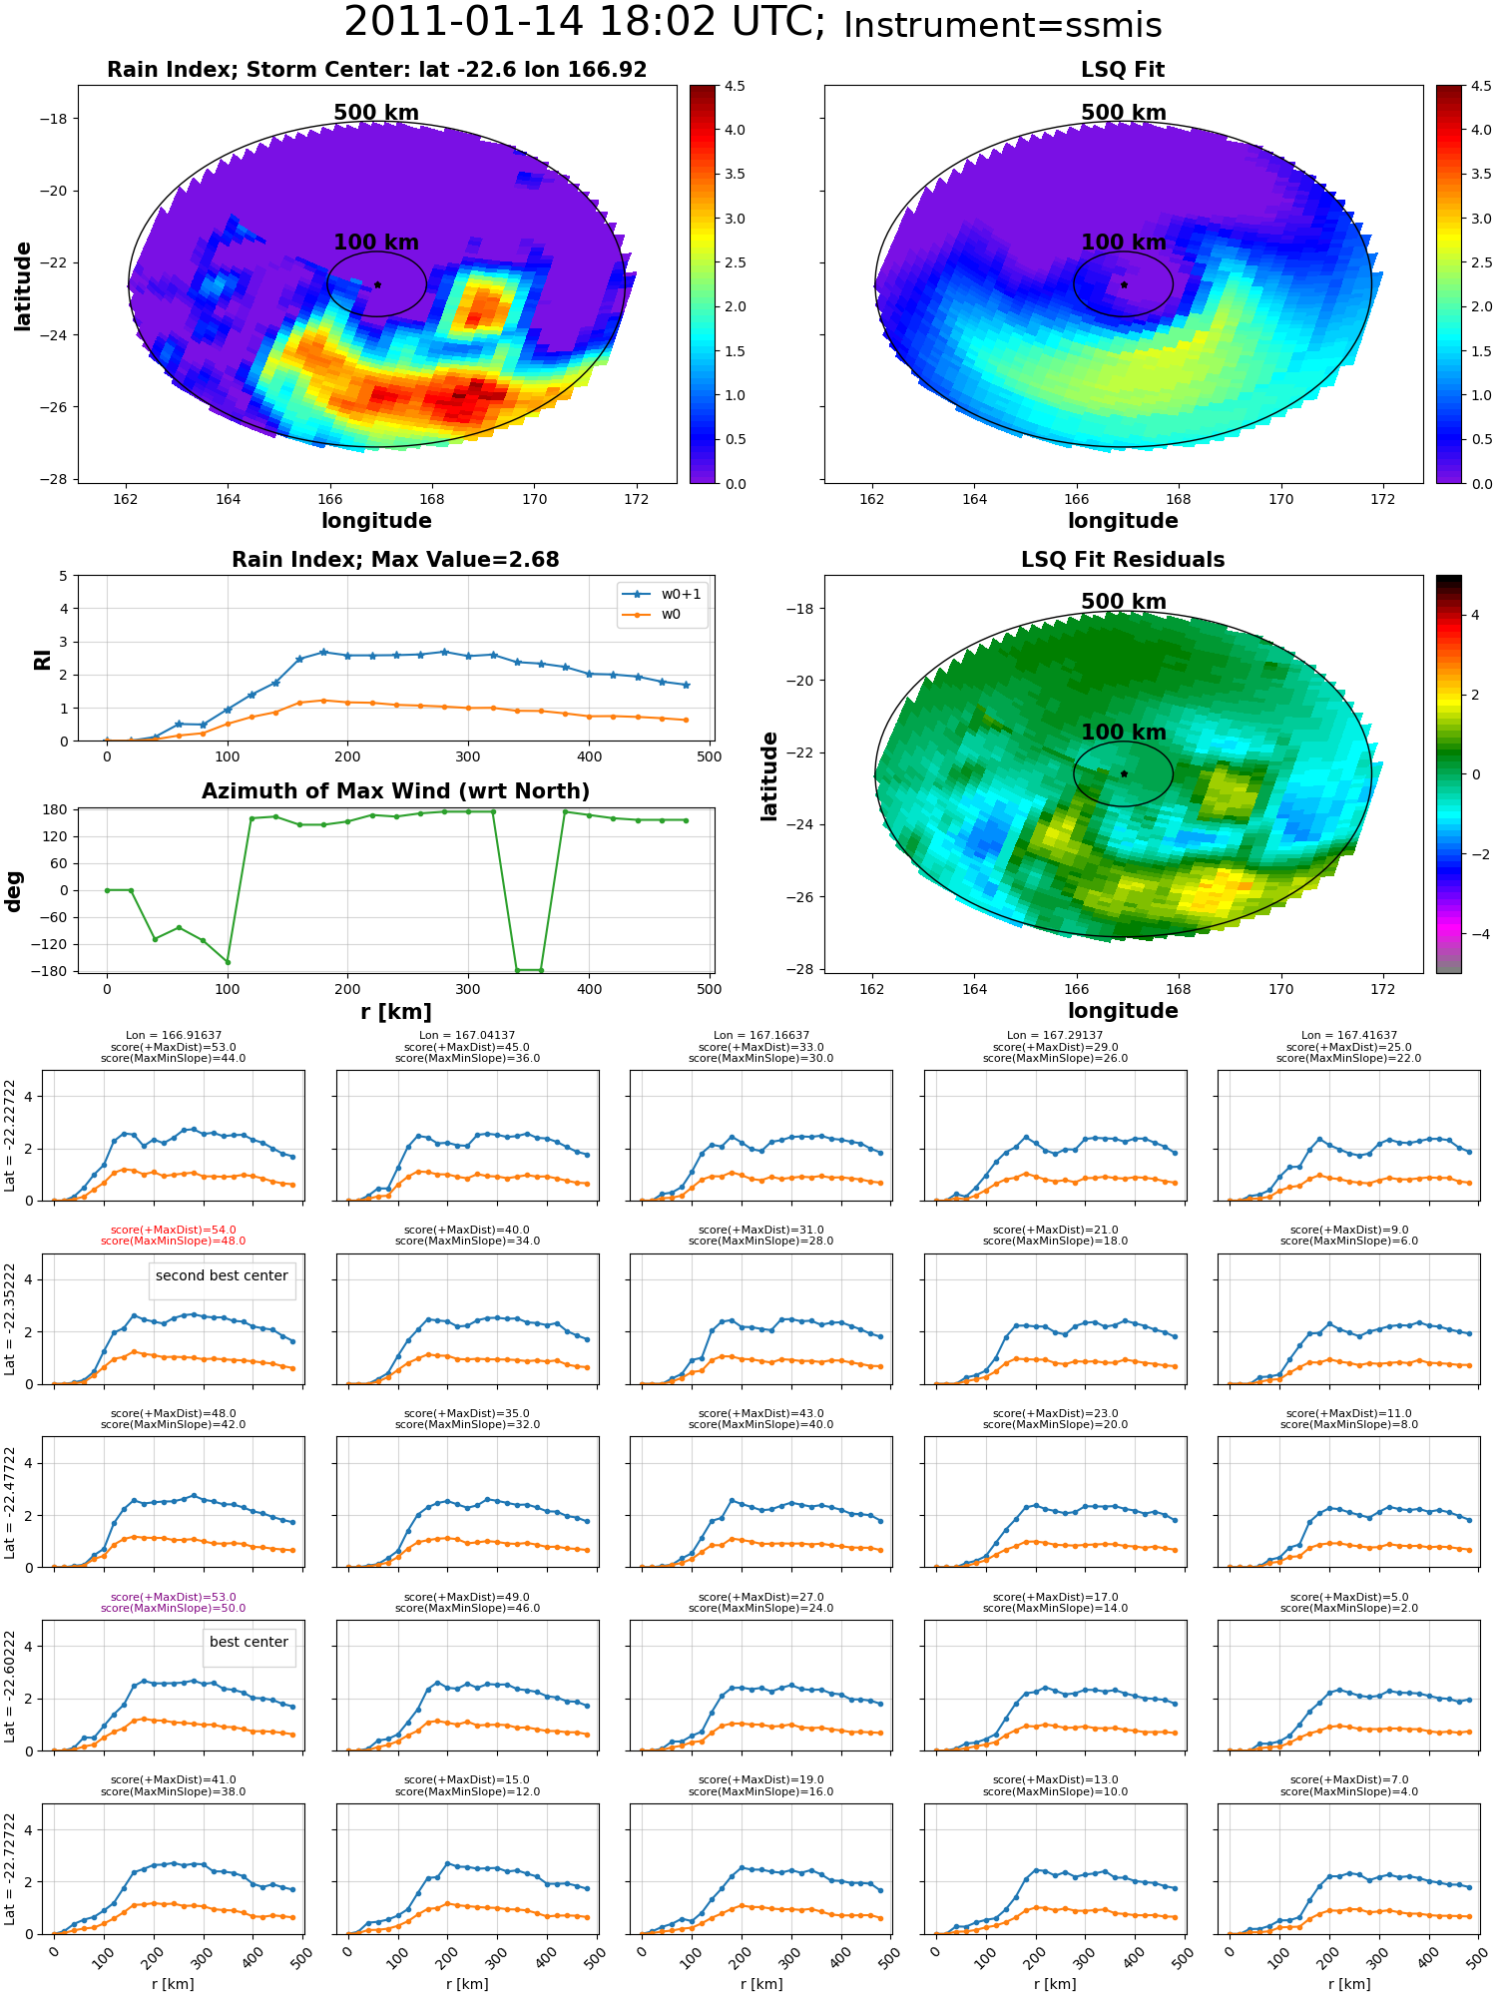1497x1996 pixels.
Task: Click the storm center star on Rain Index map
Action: coord(377,284)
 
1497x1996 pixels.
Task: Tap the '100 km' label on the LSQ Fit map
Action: coord(1124,242)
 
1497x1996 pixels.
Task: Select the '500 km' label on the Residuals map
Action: coord(1124,601)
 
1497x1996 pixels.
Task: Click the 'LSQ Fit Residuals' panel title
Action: coord(1123,559)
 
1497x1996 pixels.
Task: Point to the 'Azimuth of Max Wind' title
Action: coord(395,790)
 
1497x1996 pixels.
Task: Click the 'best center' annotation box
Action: coord(249,1642)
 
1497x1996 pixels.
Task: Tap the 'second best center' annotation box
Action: coord(222,1275)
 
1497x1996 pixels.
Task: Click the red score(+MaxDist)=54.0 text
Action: coord(173,1230)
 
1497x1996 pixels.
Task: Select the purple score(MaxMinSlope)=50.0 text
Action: coord(173,1608)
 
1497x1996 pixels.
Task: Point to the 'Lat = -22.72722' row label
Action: coord(10,1868)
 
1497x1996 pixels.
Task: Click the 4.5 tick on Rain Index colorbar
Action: coord(735,86)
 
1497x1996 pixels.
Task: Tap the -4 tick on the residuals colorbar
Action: coord(1475,934)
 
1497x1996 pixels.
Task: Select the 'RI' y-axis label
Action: coord(42,659)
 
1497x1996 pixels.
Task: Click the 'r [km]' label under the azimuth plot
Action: coord(396,1012)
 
